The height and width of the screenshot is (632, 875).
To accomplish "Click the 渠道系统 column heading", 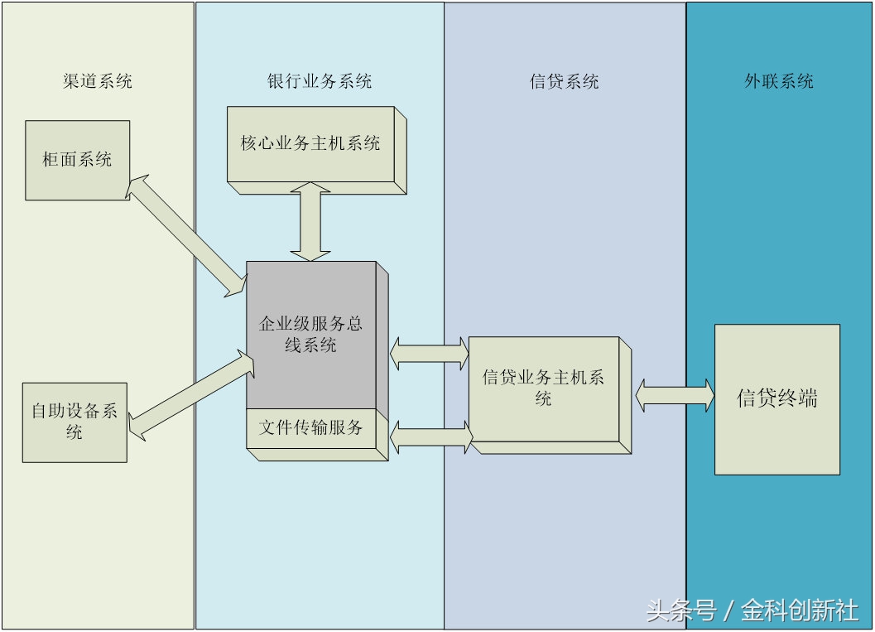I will (x=97, y=81).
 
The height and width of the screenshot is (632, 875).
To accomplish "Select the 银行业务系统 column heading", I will (x=320, y=81).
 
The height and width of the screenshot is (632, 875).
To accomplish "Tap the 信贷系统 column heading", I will (x=564, y=81).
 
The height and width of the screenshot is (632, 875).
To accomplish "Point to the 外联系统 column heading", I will (x=778, y=81).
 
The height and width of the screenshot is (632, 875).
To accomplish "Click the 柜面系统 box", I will (x=77, y=160).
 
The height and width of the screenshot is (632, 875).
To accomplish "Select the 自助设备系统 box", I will (x=75, y=422).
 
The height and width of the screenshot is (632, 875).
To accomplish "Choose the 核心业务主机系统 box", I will (x=310, y=143).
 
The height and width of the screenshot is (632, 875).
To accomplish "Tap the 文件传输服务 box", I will (x=311, y=428).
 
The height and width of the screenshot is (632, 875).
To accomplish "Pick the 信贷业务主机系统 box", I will (x=543, y=388).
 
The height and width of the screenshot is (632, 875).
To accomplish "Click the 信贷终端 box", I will (x=776, y=398).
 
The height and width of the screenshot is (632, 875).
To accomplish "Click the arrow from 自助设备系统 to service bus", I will (x=189, y=393).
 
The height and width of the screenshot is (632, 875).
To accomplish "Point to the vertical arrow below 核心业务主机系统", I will (x=310, y=222).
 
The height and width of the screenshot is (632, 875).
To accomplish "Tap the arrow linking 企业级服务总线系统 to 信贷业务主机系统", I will (x=430, y=353).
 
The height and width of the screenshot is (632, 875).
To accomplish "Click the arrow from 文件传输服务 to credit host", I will (x=430, y=437).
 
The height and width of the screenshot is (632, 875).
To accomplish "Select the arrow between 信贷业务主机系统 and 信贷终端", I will (x=674, y=395).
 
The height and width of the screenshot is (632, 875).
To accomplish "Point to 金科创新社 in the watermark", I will (x=800, y=611).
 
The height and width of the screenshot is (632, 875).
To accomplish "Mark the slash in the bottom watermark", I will (x=728, y=612).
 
